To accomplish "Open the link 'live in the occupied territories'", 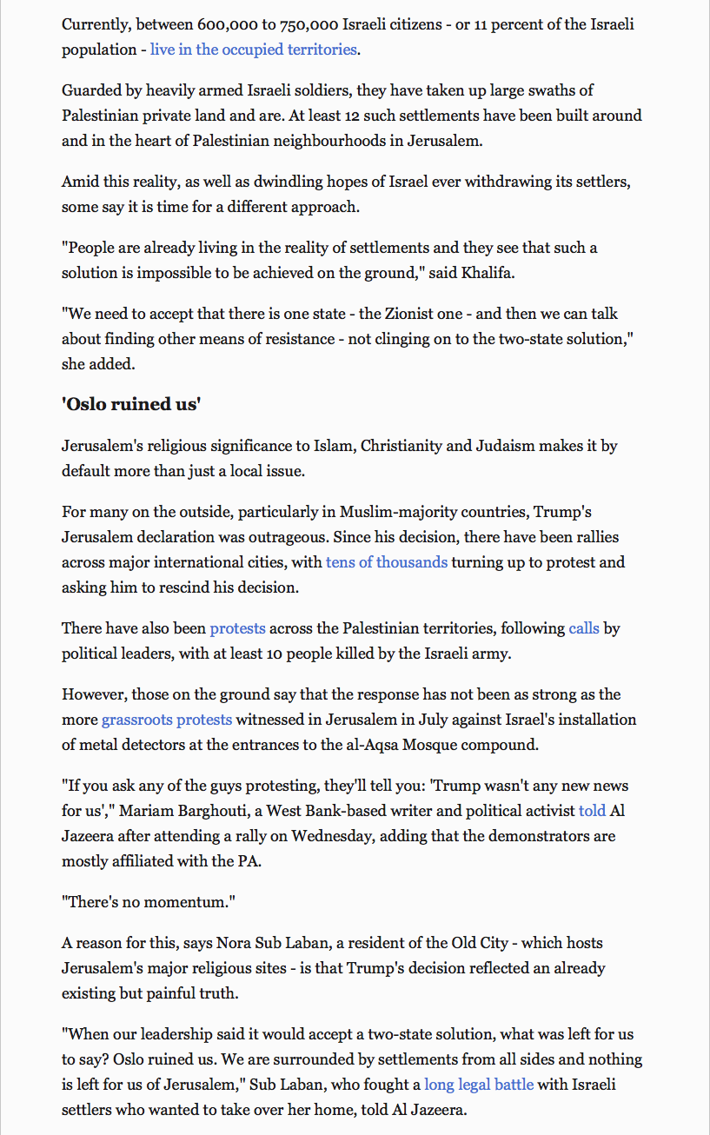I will pyautogui.click(x=253, y=50).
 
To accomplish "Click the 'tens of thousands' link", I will pyautogui.click(x=387, y=562).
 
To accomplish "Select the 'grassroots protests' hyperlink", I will pyautogui.click(x=167, y=720).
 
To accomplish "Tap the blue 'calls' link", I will pyautogui.click(x=584, y=628).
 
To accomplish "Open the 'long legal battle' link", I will pyautogui.click(x=479, y=1085).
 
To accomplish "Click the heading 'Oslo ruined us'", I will pyautogui.click(x=132, y=405).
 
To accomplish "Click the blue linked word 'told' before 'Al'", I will pyautogui.click(x=592, y=812).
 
